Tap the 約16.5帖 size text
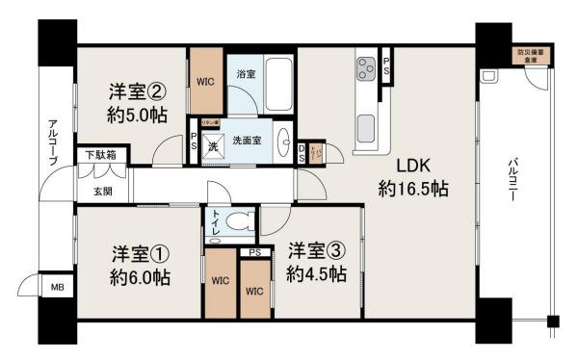click(x=412, y=188)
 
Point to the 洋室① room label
click(x=141, y=255)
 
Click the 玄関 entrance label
click(x=101, y=191)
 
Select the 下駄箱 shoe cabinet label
click(x=99, y=155)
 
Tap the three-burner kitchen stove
click(x=368, y=68)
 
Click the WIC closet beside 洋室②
click(x=206, y=82)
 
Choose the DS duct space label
click(x=302, y=152)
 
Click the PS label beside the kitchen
click(x=386, y=65)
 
